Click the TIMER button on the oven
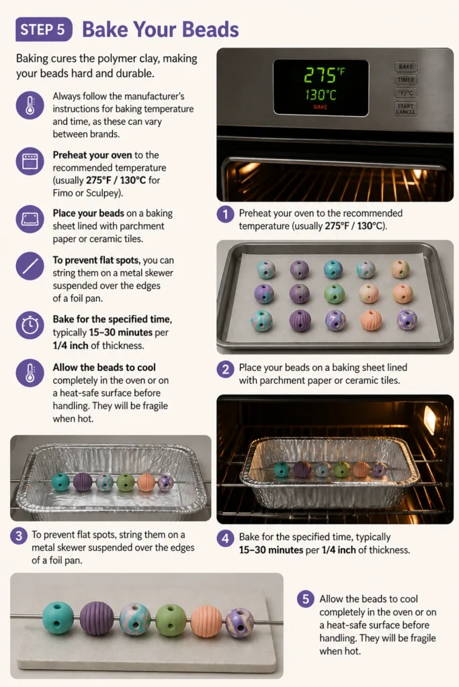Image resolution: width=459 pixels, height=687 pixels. [406, 80]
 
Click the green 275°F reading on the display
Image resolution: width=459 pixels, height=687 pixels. [324, 75]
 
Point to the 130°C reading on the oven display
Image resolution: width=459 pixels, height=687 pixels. [321, 95]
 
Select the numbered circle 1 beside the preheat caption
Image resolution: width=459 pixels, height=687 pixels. [226, 214]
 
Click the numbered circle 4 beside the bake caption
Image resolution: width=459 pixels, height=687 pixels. [226, 538]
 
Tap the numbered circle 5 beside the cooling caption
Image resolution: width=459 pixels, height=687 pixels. [306, 599]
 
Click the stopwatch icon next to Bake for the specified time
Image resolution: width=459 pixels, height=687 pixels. [30, 325]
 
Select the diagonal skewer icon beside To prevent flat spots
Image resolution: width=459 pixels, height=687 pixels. [30, 266]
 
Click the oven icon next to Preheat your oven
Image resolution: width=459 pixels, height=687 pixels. [30, 161]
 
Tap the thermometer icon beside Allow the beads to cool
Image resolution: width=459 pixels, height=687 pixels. [30, 372]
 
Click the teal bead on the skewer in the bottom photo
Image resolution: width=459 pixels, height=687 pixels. [58, 618]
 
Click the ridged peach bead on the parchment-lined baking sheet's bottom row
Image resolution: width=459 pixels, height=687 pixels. [371, 321]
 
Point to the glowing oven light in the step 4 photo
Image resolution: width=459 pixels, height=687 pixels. [430, 419]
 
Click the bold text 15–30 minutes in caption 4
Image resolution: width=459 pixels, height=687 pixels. [271, 550]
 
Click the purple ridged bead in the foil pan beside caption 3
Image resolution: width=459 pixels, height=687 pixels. [83, 482]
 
